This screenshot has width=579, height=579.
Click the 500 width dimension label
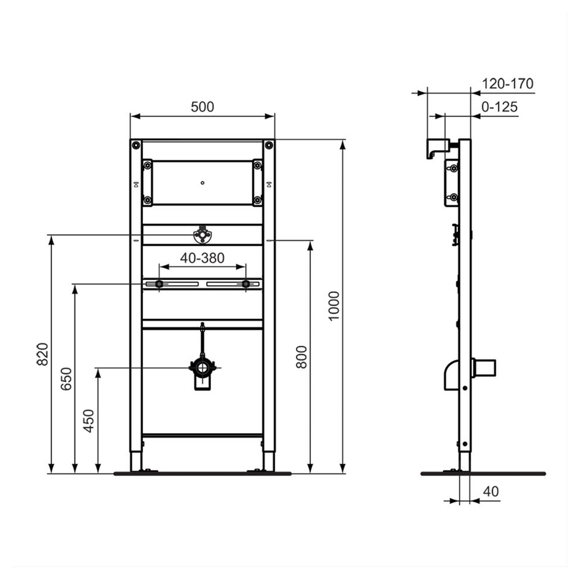tap(202, 106)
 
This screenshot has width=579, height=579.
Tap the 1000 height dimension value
tap(334, 305)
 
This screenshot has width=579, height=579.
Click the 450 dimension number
tap(89, 420)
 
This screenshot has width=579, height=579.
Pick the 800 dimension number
tap(301, 356)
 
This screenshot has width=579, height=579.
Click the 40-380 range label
tap(202, 258)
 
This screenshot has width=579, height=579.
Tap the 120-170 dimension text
tap(508, 83)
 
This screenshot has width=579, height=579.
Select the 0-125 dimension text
tap(499, 107)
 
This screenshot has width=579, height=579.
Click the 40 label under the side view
tap(490, 491)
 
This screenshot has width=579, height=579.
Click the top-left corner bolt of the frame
tap(136, 145)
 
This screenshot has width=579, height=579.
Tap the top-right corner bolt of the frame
tap(268, 145)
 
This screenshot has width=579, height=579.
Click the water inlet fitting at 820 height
tap(202, 236)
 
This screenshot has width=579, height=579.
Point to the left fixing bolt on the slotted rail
tap(159, 285)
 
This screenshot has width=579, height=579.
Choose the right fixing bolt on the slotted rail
tap(246, 285)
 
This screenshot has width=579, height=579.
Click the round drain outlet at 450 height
tap(203, 369)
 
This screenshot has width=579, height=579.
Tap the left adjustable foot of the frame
tap(136, 461)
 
